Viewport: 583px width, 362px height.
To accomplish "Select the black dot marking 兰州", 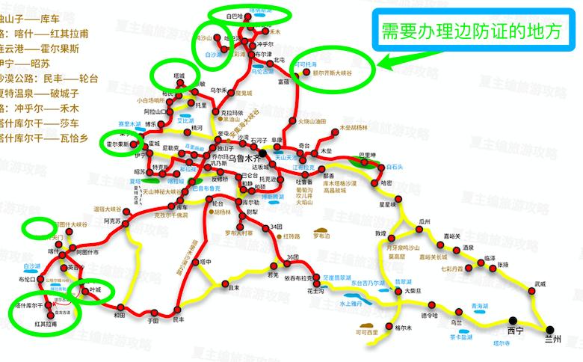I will tap(550, 329).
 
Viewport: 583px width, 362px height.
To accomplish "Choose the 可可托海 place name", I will tap(306, 65).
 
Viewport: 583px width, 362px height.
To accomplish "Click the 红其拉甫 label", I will tap(46, 325).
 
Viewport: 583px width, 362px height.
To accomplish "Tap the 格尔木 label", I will tap(403, 328).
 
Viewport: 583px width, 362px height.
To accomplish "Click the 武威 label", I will tap(540, 284).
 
